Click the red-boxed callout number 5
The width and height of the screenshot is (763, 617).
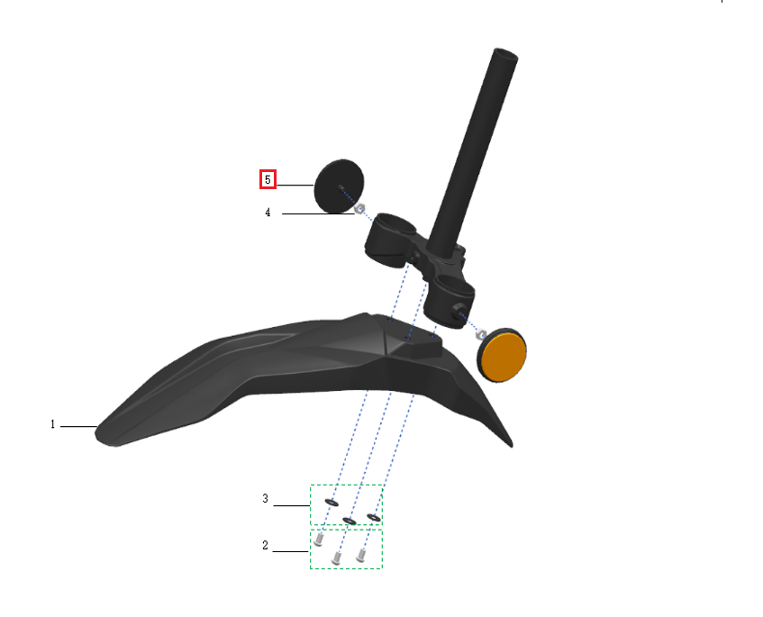coord(268,179)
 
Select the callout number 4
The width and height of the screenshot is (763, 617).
coord(268,213)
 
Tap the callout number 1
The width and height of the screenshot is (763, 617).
coord(52,424)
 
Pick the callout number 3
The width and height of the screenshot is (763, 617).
coord(265,498)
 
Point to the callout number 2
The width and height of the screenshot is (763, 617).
coord(265,545)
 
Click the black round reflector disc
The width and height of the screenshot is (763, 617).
coord(339,186)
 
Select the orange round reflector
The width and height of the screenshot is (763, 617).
coord(502,355)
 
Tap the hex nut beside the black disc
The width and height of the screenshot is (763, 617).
coord(359,209)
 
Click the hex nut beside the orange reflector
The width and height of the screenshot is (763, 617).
coord(481,335)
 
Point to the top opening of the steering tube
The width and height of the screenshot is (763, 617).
coord(505,52)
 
